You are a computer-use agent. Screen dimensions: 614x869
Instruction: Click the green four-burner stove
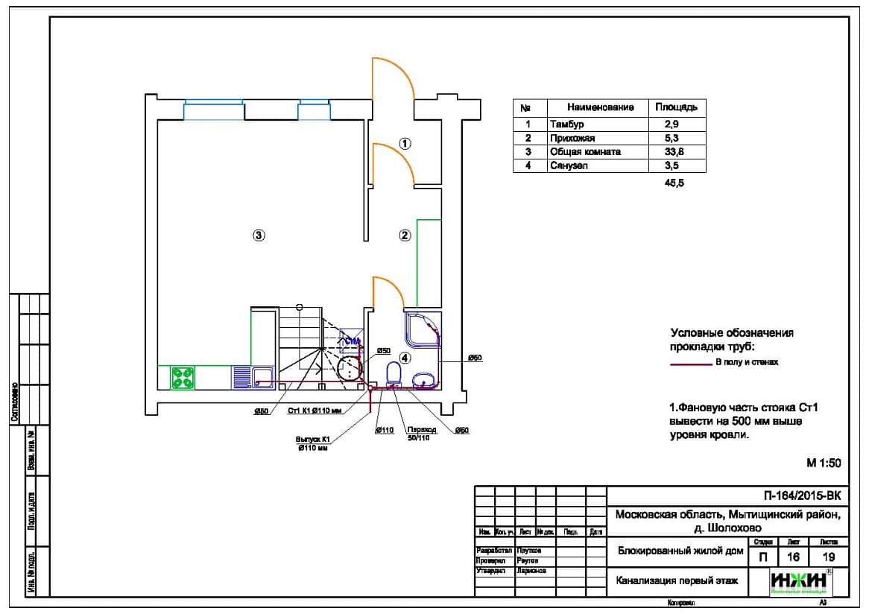click(x=183, y=377)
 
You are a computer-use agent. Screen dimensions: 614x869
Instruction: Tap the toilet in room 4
click(x=394, y=375)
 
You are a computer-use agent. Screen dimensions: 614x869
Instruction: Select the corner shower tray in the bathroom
click(x=421, y=329)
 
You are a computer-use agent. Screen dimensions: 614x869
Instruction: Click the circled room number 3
click(x=258, y=235)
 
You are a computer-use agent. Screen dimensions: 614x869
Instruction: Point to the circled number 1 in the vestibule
click(x=405, y=143)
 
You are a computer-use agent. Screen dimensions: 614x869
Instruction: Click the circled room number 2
click(x=405, y=235)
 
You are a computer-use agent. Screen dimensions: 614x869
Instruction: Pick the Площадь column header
click(x=677, y=107)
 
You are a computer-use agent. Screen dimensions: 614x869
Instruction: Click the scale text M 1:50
click(x=824, y=463)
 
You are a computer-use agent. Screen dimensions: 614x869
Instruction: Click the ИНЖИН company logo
click(x=801, y=581)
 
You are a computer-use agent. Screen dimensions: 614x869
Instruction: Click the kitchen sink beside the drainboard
click(x=263, y=377)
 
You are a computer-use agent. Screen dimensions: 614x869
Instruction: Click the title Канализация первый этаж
click(x=677, y=580)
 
